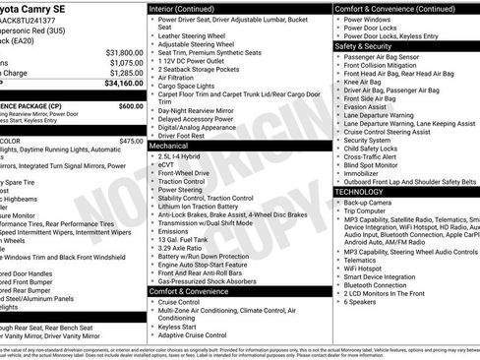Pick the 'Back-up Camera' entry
click(366, 203)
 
